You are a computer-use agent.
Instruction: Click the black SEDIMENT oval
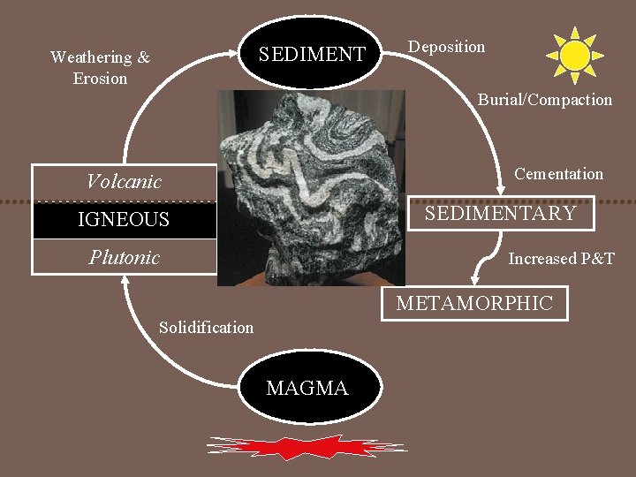tap(311, 54)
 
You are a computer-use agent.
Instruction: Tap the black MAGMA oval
tap(307, 388)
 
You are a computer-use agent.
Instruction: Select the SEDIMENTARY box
tap(500, 214)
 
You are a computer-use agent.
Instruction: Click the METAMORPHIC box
tap(474, 304)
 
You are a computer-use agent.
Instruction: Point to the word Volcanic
tap(124, 182)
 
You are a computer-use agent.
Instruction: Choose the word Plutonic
tap(124, 257)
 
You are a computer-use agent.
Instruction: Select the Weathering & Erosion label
tap(100, 68)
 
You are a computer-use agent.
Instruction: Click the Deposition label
tap(446, 47)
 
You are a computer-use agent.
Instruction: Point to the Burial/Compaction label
tap(544, 100)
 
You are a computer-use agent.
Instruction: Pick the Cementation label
tap(558, 174)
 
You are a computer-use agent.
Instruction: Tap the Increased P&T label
tap(561, 259)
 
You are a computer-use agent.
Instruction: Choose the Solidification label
tap(206, 328)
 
